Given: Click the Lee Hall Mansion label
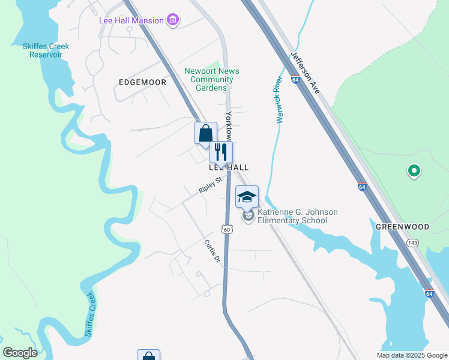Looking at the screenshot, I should [131, 20].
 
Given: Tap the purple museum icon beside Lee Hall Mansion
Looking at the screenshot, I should [173, 20].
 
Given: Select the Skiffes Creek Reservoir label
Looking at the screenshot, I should [46, 50].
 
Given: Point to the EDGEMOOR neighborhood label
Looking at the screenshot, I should [142, 82].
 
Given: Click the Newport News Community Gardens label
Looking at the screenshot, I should [212, 79].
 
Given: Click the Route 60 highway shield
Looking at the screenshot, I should [226, 229].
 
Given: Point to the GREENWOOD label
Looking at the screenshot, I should [402, 227].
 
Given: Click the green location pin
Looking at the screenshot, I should [414, 172].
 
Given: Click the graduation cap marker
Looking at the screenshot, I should [247, 196].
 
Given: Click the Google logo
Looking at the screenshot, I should [20, 353].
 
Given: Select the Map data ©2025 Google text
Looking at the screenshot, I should [411, 355].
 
